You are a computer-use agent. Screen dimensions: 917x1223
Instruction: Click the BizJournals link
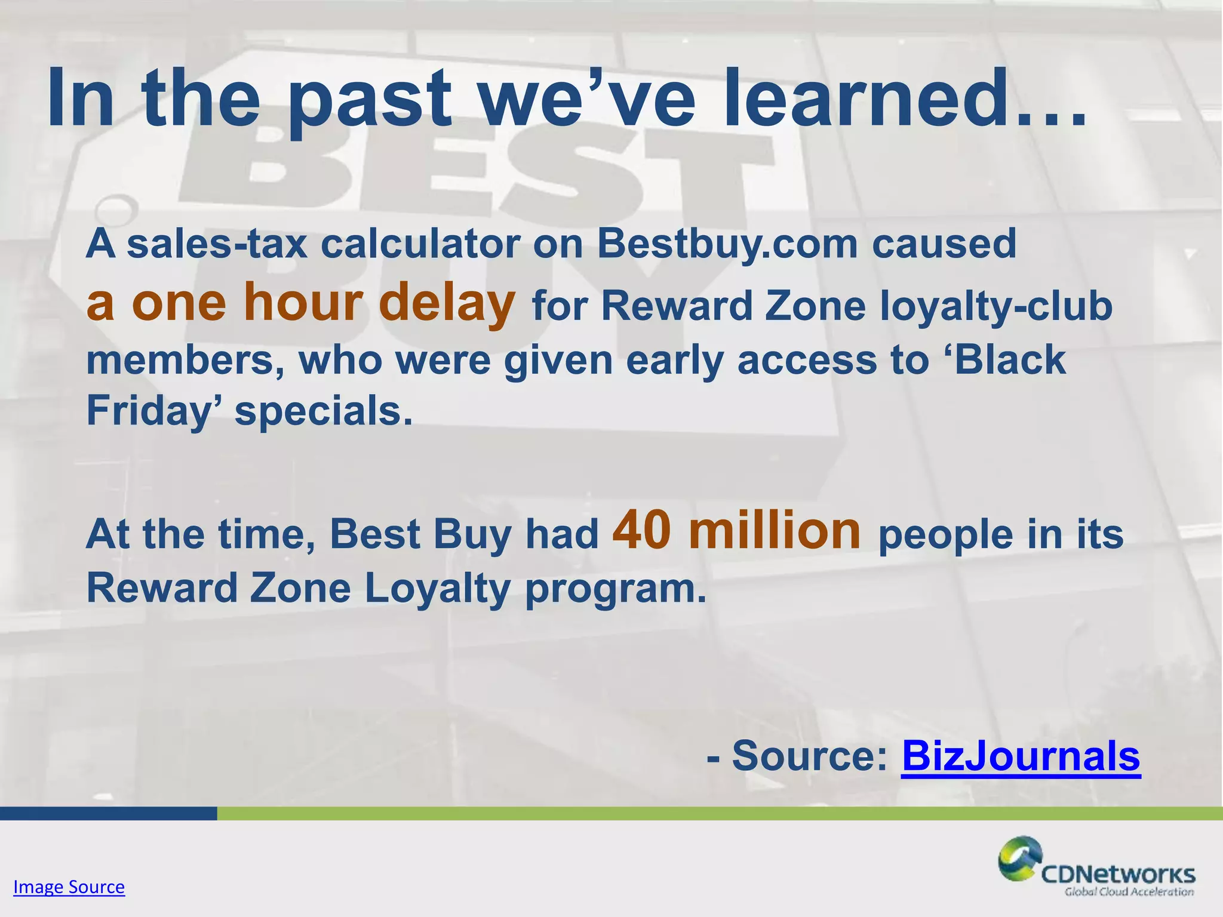(1021, 756)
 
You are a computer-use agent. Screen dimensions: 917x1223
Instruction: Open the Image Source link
(69, 887)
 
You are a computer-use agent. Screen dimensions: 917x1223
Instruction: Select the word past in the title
(370, 100)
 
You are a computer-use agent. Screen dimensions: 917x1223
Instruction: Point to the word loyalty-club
(996, 307)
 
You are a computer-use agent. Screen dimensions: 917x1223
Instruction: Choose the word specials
(323, 412)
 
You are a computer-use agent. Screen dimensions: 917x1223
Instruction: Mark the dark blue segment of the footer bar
(107, 813)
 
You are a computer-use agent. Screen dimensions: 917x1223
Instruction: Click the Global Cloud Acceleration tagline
(1129, 892)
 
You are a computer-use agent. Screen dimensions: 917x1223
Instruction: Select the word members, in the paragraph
(185, 361)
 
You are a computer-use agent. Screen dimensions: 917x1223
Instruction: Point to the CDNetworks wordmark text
(1118, 875)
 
